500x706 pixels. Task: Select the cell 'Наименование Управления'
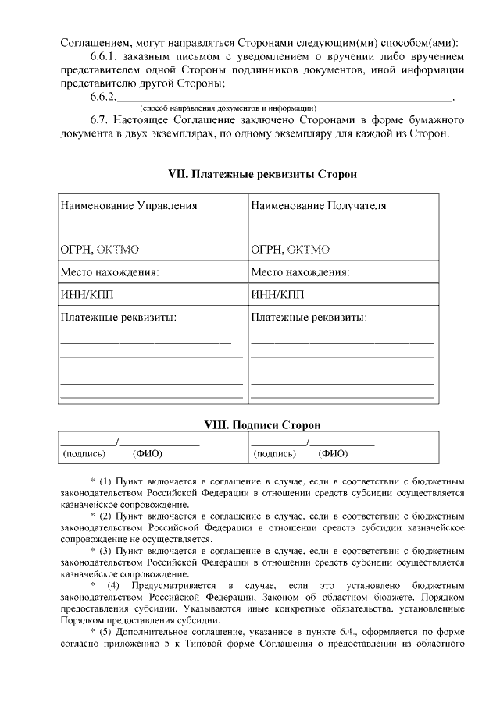(x=129, y=206)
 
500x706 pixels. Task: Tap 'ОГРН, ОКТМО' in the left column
(x=100, y=250)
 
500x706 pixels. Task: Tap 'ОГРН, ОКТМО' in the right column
(x=291, y=250)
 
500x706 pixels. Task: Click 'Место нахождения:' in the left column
(x=110, y=273)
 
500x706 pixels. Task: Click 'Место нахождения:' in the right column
(x=300, y=273)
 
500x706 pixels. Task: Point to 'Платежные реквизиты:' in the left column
(x=118, y=318)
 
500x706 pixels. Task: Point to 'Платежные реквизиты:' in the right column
(x=309, y=318)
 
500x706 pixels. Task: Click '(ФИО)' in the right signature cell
(x=334, y=453)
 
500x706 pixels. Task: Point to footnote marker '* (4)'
(x=105, y=585)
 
